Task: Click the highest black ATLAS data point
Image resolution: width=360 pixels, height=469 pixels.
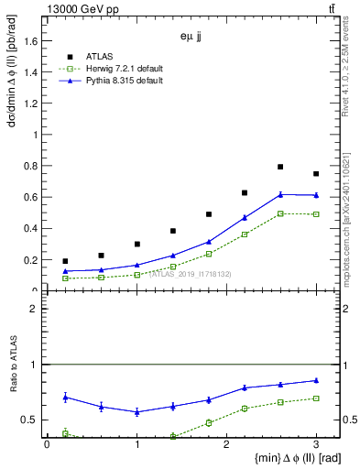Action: pyautogui.click(x=280, y=167)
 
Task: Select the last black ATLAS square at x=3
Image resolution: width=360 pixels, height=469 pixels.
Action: pyautogui.click(x=316, y=174)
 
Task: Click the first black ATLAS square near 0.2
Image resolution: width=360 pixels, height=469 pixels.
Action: pyautogui.click(x=65, y=261)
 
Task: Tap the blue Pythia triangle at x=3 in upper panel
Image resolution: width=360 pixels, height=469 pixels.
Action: pyautogui.click(x=316, y=195)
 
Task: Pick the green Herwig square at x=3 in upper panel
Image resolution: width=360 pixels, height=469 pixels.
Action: pyautogui.click(x=316, y=214)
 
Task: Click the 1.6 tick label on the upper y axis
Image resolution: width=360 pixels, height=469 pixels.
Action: pyautogui.click(x=31, y=40)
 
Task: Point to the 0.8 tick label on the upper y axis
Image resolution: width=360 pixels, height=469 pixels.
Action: pyautogui.click(x=31, y=166)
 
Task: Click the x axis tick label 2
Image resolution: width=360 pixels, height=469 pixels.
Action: pyautogui.click(x=226, y=443)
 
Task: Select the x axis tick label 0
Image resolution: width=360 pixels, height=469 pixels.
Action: pyautogui.click(x=47, y=443)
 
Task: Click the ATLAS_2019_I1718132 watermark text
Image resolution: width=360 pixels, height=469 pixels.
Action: pyautogui.click(x=190, y=274)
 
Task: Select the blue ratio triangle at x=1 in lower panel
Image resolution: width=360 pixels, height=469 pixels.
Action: pyautogui.click(x=136, y=412)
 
